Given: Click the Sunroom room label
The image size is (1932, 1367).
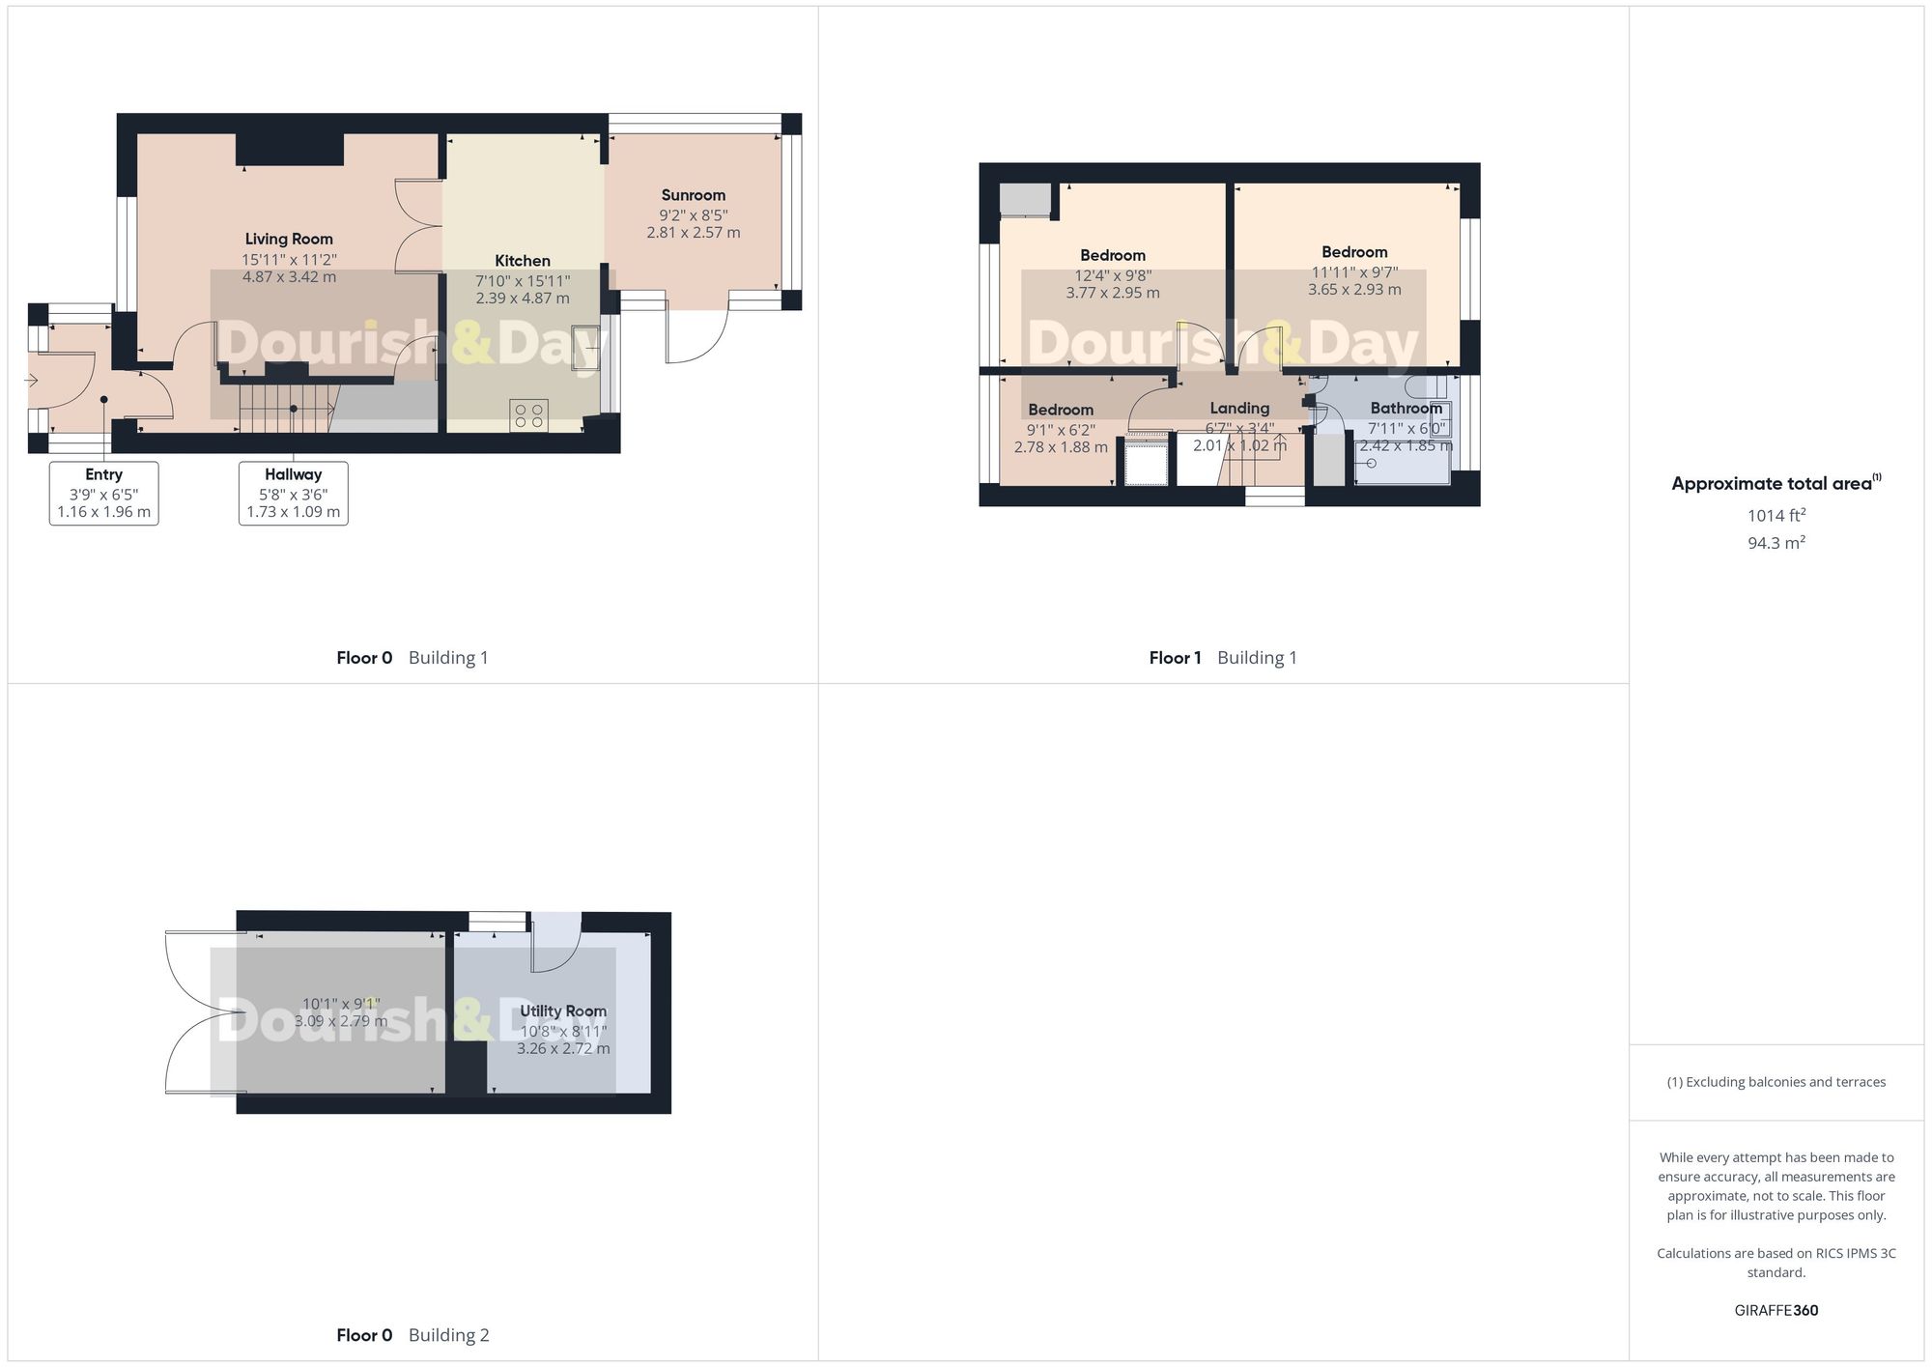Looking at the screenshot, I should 693,195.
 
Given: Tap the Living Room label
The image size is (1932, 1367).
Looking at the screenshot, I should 289,239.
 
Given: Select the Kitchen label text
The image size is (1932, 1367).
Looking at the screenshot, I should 523,261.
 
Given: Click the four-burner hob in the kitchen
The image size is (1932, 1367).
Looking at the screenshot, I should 529,416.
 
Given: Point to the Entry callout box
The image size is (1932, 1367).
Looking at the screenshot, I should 103,493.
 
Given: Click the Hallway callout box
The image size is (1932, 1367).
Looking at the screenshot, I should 294,493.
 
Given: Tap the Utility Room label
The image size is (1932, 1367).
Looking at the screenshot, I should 563,1011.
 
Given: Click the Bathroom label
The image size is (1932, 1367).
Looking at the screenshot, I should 1406,409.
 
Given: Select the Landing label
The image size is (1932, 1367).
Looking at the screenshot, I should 1239,409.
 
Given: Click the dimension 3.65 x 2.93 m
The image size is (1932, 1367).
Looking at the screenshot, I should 1354,290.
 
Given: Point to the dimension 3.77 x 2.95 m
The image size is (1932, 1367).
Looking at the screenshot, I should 1113,293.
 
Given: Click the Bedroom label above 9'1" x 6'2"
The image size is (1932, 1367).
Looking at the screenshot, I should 1061,410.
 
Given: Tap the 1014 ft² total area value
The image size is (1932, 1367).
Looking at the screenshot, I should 1776,516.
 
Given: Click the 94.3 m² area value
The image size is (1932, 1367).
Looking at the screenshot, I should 1776,543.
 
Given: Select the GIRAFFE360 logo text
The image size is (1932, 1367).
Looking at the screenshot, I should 1776,1311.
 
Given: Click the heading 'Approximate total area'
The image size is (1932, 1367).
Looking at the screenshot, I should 1772,484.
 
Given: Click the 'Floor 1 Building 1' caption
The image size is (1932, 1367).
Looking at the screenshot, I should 1223,658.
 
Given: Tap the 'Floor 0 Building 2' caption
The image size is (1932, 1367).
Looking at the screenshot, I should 412,1335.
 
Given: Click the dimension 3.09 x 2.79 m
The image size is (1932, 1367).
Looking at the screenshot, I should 341,1021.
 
